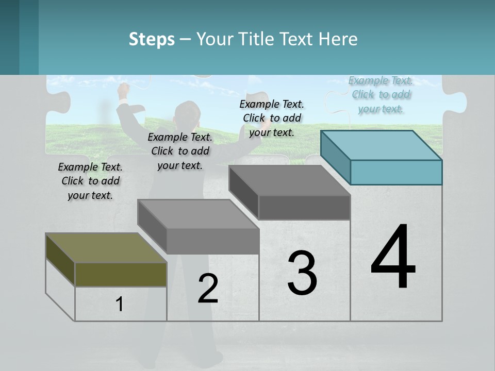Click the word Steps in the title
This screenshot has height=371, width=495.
point(152,39)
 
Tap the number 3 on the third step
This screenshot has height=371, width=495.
point(302,273)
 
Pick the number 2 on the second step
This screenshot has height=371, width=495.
point(208,289)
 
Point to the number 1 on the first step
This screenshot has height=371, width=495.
point(120,305)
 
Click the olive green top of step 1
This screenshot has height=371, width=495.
point(106,248)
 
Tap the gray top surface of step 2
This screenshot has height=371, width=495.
point(198,214)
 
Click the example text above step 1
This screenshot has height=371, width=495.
point(90,181)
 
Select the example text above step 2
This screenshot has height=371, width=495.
point(180,151)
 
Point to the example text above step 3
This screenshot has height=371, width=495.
point(272,118)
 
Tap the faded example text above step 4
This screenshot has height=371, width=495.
point(381,94)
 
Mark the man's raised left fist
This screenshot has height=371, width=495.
point(123,90)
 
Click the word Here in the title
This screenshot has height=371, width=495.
point(338,39)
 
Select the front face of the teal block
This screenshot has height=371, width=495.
point(396,172)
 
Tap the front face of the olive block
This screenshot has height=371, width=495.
point(121,274)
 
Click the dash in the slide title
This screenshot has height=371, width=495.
point(186,39)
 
